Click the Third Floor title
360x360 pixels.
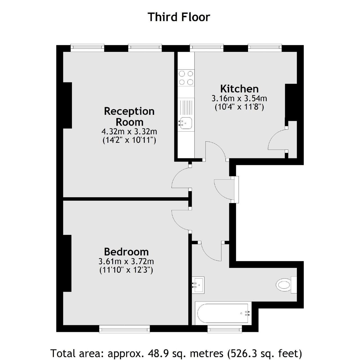179,17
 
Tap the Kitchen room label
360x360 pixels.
239,89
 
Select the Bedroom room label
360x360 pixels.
126,251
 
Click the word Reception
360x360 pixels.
129,111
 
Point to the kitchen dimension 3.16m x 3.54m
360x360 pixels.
239,98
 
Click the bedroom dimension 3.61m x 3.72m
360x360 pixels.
126,261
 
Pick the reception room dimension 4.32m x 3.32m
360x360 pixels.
129,131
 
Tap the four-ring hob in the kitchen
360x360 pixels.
186,78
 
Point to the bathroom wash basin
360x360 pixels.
198,285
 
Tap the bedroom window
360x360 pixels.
124,329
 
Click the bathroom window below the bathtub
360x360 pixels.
224,329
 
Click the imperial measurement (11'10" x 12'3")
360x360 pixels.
126,270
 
